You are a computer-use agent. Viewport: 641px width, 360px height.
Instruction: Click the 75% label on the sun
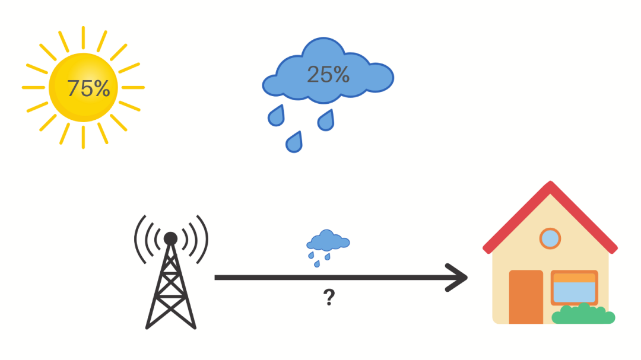88,88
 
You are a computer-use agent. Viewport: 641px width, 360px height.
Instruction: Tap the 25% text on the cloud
328,74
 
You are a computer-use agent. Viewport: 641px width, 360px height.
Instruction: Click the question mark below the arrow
329,297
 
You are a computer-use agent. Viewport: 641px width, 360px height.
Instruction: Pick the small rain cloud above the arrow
328,241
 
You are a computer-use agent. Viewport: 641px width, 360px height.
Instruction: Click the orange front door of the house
526,297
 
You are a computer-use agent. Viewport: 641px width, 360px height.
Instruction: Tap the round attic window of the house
550,238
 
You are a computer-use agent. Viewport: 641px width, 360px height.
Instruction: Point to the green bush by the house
583,315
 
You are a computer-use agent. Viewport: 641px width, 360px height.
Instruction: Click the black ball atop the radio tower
170,238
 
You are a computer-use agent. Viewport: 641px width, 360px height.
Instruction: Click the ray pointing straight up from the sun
83,37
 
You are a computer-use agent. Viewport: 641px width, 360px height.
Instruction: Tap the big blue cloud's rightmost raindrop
326,120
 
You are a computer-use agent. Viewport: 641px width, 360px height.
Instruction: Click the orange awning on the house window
574,277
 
